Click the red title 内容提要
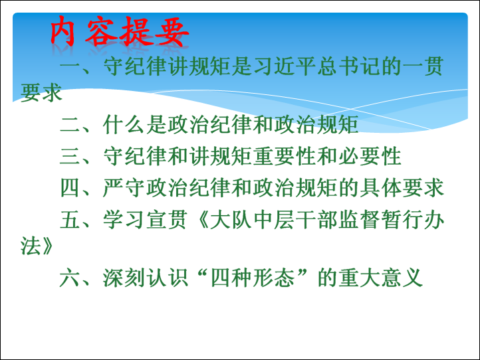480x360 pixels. [x=120, y=31]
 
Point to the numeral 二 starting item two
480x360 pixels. [x=70, y=126]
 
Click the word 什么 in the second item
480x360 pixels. [x=124, y=125]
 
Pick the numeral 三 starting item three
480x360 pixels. [x=70, y=156]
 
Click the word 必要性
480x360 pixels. [x=370, y=156]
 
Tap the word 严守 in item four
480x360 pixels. [x=124, y=187]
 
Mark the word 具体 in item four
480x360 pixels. [x=380, y=187]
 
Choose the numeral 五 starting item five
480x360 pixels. [x=70, y=220]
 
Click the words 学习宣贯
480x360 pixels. [x=145, y=220]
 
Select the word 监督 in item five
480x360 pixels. [x=359, y=220]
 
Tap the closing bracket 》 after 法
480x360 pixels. [x=47, y=246]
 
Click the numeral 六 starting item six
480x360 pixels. [x=70, y=278]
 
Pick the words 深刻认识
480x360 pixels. [x=145, y=278]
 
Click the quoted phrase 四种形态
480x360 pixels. [x=253, y=278]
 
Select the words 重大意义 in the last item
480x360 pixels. [x=380, y=278]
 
